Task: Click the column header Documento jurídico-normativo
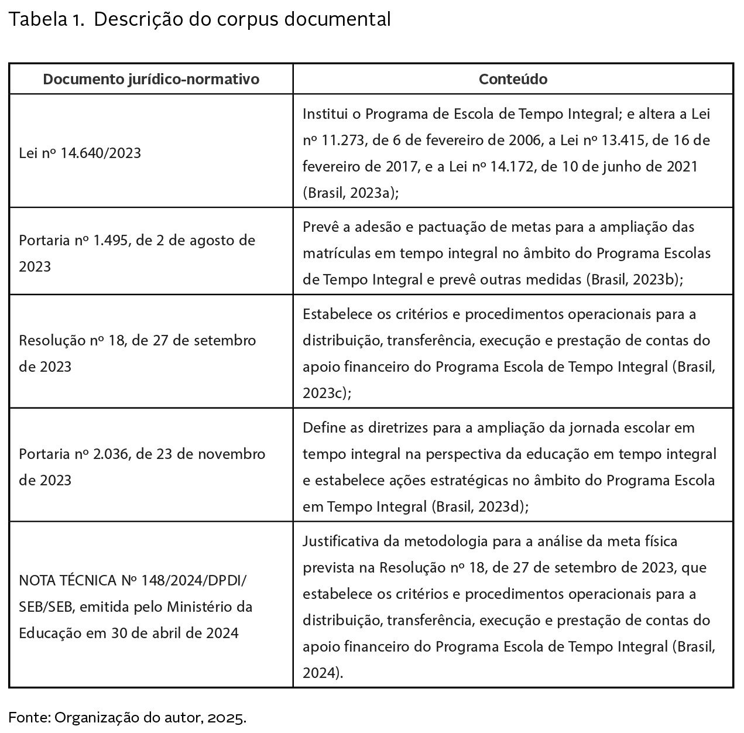[x=151, y=79]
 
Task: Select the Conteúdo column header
[x=513, y=79]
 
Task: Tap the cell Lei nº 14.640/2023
[x=80, y=153]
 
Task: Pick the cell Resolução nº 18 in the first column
[x=137, y=353]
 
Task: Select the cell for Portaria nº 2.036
[x=142, y=467]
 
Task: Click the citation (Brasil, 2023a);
[x=351, y=193]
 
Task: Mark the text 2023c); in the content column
[x=327, y=393]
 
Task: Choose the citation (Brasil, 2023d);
[x=479, y=506]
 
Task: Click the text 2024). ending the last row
[x=323, y=673]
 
